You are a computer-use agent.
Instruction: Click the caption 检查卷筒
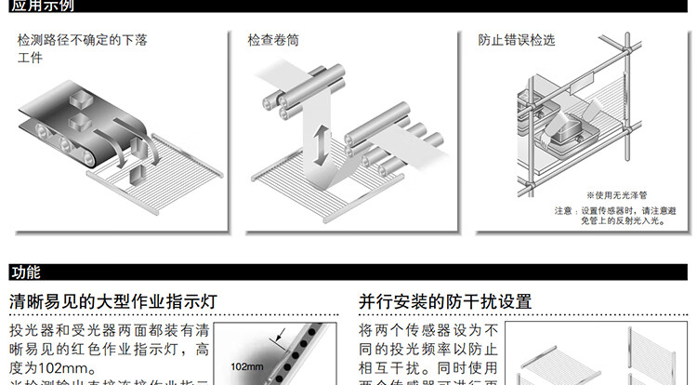pyautogui.click(x=273, y=41)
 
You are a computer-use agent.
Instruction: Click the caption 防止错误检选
pyautogui.click(x=517, y=41)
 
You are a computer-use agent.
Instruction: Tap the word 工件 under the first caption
pyautogui.click(x=30, y=58)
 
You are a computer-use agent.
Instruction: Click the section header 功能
pyautogui.click(x=26, y=272)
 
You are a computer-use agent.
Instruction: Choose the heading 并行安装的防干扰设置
pyautogui.click(x=445, y=301)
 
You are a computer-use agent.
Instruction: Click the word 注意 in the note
pyautogui.click(x=563, y=210)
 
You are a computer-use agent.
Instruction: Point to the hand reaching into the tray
pyautogui.click(x=570, y=119)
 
